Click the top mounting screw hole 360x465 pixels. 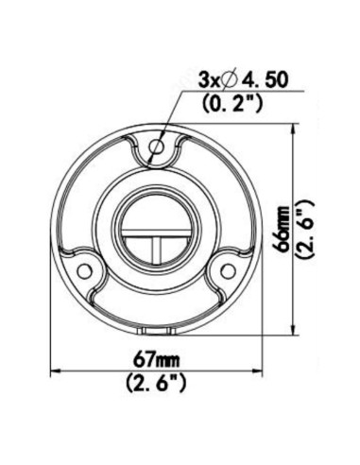click(157, 146)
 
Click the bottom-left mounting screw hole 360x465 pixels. click(84, 271)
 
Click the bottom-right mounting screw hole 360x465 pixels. click(228, 271)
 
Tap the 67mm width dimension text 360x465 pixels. click(157, 360)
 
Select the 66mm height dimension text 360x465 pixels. click(282, 228)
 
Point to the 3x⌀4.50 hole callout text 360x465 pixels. click(243, 80)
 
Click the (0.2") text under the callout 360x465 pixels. click(232, 103)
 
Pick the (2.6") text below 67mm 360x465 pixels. click(156, 383)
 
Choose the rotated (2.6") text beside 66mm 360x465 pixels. click(304, 229)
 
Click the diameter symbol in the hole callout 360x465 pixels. click(230, 80)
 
